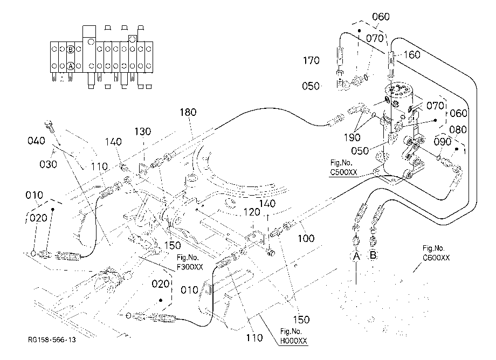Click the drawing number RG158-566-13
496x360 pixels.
point(52,340)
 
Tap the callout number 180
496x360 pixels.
point(188,112)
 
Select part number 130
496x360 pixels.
point(143,131)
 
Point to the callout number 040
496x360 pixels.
point(36,141)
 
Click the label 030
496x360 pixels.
point(48,164)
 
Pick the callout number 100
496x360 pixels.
point(306,238)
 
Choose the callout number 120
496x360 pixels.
point(252,212)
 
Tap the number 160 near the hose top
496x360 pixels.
point(412,54)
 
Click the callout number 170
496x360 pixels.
point(311,60)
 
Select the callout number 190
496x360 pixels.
point(352,137)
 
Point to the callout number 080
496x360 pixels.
point(458,129)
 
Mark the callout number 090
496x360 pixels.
point(442,142)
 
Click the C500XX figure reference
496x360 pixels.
point(343,172)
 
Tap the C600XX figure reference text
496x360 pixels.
point(436,258)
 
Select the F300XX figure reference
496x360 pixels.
point(190,267)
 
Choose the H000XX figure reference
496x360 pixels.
point(293,341)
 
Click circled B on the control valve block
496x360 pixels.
point(71,49)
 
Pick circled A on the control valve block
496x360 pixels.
point(71,66)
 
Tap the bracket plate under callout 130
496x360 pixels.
point(143,168)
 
